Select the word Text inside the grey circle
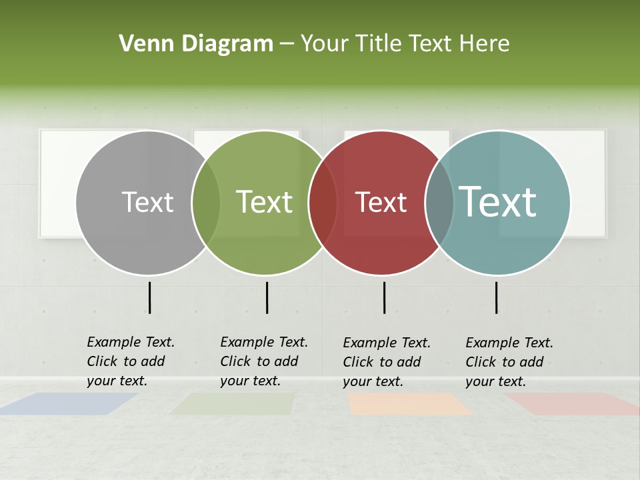[x=147, y=202]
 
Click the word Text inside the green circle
[x=264, y=202]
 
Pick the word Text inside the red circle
[x=381, y=202]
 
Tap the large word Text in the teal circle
[x=498, y=201]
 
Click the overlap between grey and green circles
[x=206, y=202]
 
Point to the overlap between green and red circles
[x=323, y=202]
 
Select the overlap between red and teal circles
[x=439, y=202]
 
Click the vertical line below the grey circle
[x=149, y=297]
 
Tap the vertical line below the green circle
[x=267, y=297]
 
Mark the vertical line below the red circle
[x=384, y=297]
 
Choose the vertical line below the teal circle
[x=496, y=297]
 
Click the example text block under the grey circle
[x=130, y=361]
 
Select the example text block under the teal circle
[x=509, y=362]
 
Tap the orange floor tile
[x=409, y=404]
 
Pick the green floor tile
[x=233, y=404]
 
